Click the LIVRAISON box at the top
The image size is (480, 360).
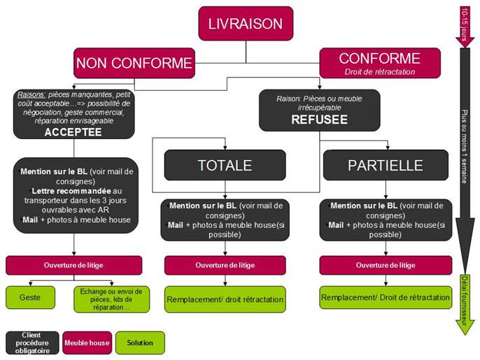click(246, 24)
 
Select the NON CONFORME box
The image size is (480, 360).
click(134, 63)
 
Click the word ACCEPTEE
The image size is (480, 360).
click(73, 131)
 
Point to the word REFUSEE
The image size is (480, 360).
click(320, 120)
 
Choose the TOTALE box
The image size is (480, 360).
click(225, 165)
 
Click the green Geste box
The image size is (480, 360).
click(29, 297)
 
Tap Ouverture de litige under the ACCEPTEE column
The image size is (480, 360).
click(73, 265)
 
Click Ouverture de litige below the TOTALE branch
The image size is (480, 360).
click(225, 265)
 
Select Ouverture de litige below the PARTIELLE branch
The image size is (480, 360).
click(385, 265)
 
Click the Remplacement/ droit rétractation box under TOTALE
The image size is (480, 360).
click(225, 299)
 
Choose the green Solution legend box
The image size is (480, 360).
click(140, 343)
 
